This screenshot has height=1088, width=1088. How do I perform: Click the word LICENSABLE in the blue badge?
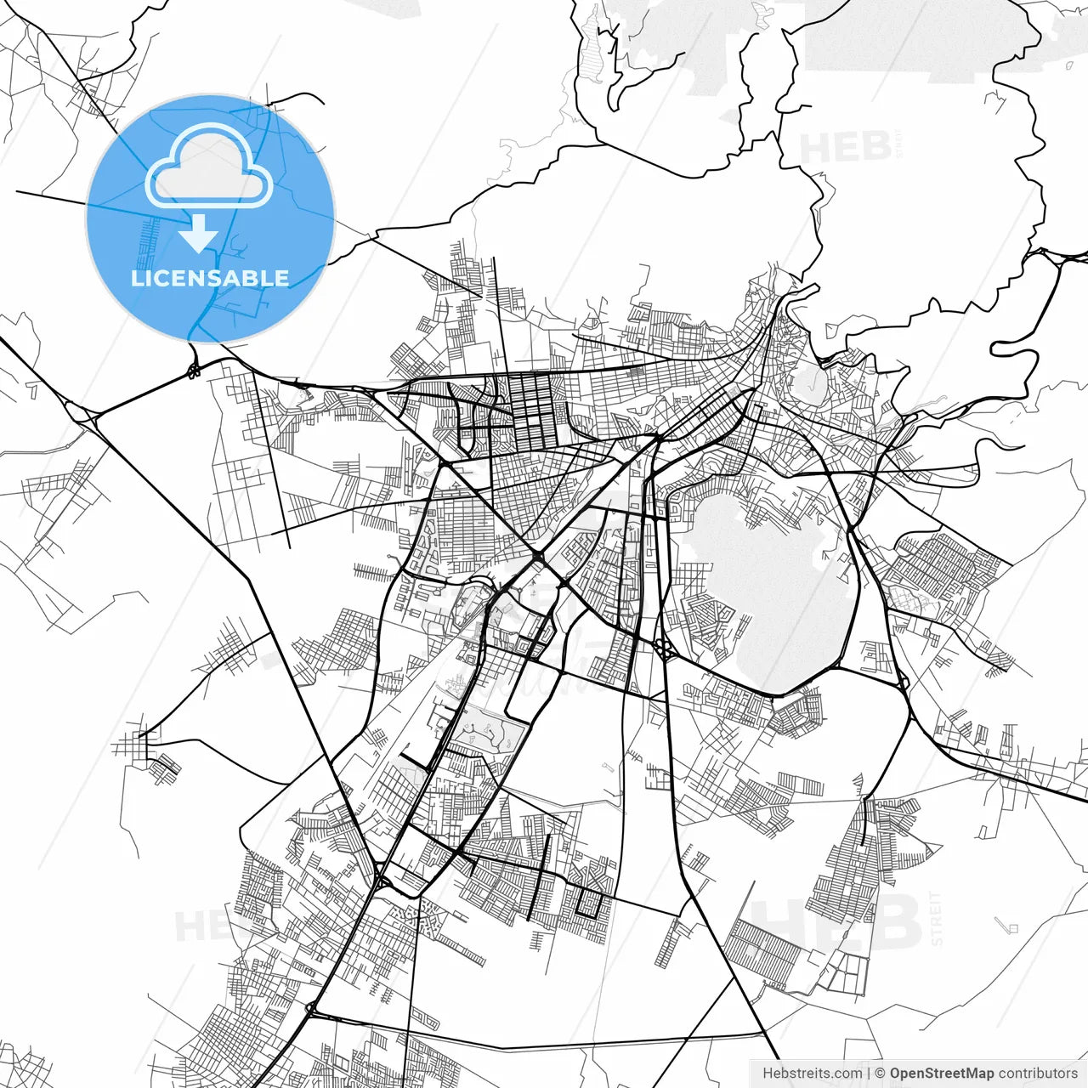[x=210, y=279]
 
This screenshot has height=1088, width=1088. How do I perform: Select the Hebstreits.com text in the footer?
[x=812, y=1074]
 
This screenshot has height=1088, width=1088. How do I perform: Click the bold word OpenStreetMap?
[x=941, y=1074]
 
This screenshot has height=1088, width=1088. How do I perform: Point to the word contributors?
[x=1038, y=1074]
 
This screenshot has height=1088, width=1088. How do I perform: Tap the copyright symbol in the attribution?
[x=880, y=1074]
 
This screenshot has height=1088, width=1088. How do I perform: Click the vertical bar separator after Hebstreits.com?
[x=869, y=1074]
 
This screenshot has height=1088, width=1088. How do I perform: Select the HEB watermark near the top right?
[x=845, y=149]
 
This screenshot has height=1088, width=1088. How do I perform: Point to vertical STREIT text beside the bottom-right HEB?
[x=937, y=919]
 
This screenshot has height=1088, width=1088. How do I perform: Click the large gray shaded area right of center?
[x=765, y=578]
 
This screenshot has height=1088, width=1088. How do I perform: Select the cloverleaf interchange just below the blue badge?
[x=195, y=369]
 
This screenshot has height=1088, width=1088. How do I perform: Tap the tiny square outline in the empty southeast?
[x=1011, y=926]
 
